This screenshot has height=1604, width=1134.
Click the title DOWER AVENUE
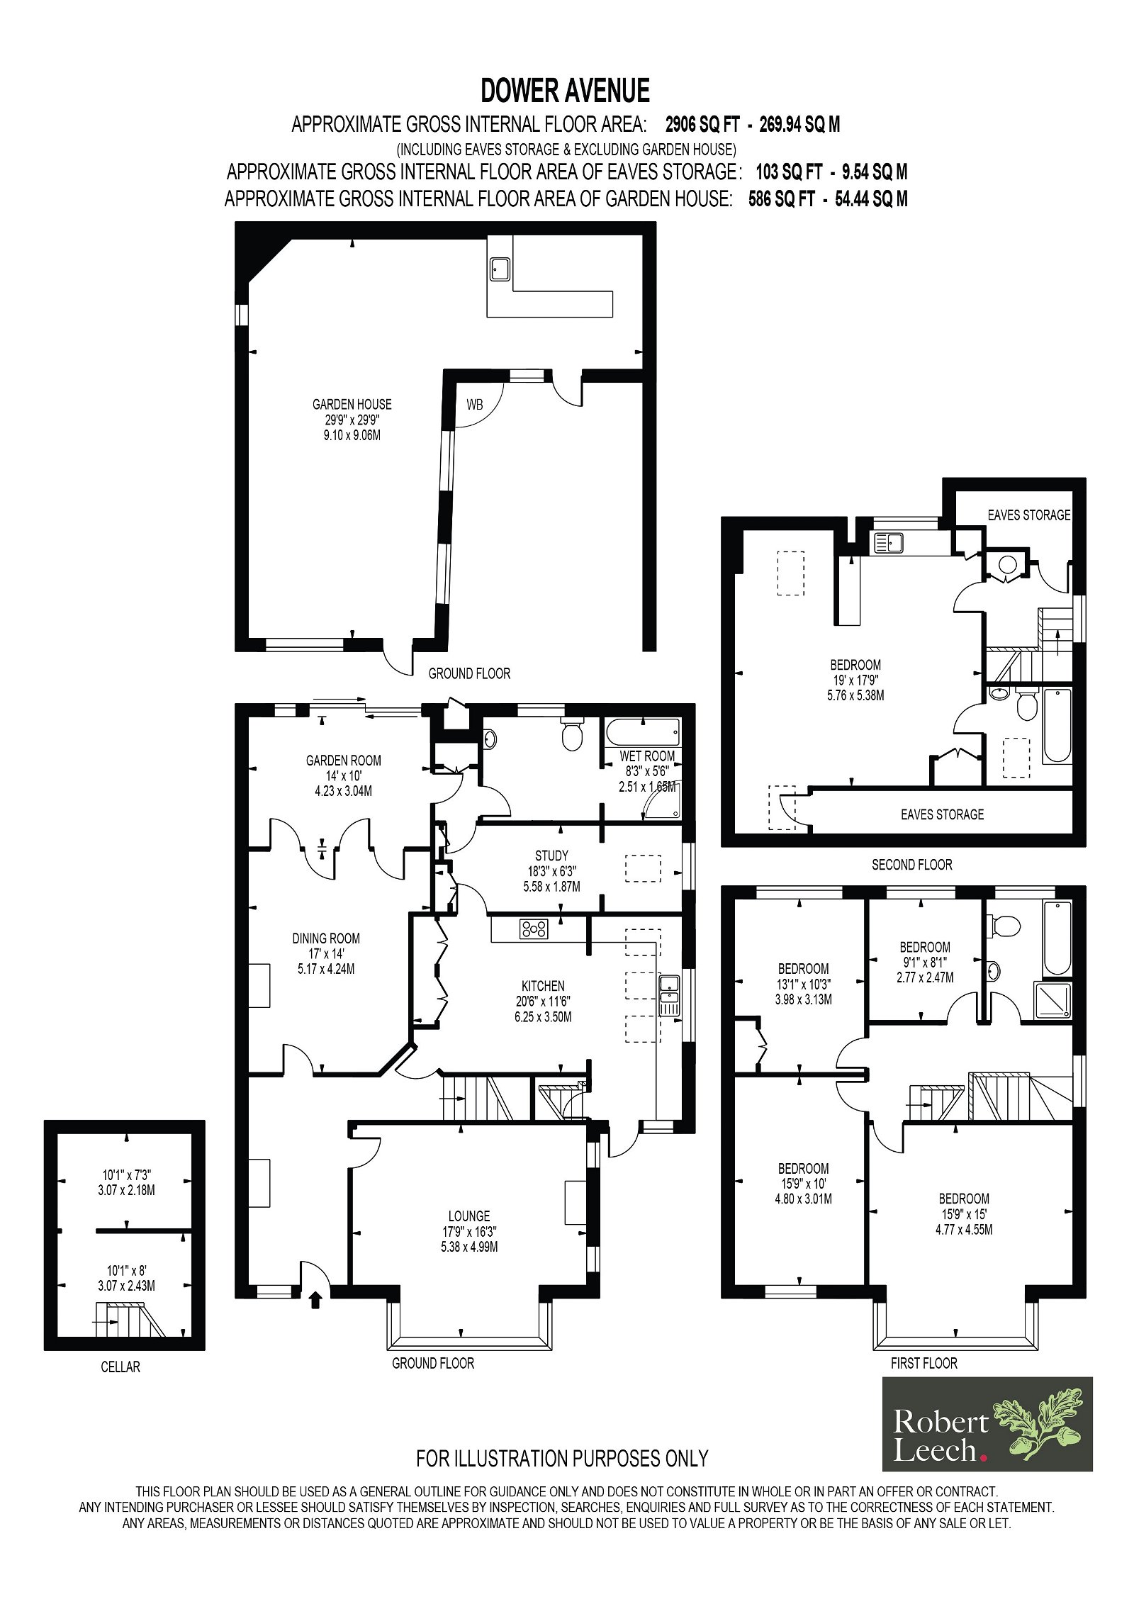point(565,91)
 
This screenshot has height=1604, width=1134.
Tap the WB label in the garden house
point(474,405)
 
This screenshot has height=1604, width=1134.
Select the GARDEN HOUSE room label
point(352,404)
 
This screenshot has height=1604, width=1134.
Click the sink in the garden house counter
point(500,267)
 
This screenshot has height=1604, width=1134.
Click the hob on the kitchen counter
point(534,929)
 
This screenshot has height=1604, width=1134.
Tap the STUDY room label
point(551,856)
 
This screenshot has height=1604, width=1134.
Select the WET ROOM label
point(647,756)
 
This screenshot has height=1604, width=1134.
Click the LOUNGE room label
point(469,1216)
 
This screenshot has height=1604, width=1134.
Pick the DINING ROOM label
point(326,938)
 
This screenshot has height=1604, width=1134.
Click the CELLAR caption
point(120,1367)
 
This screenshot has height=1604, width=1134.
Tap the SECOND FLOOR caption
point(912,865)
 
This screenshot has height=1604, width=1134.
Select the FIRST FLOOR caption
point(924,1363)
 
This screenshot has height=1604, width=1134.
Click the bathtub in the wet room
point(643,731)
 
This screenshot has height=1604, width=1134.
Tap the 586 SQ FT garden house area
point(782,198)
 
